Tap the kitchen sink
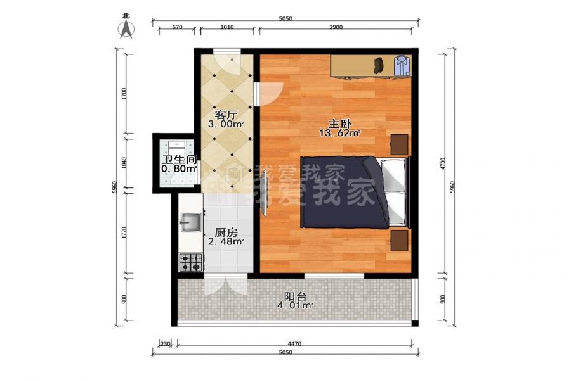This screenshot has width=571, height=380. [x=190, y=222]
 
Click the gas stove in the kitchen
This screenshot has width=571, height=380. [x=190, y=263]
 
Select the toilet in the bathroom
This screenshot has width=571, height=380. [x=177, y=148]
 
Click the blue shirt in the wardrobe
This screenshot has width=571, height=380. [x=402, y=65]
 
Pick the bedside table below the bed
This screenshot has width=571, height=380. [x=400, y=241]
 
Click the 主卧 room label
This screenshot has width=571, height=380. [x=340, y=124]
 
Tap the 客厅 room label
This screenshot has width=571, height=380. [x=226, y=115]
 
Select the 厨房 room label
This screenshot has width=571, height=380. [x=226, y=232]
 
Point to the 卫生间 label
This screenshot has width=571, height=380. [x=180, y=160]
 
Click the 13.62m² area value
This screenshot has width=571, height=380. [x=340, y=133]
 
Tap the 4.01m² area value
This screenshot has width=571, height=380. [x=295, y=305]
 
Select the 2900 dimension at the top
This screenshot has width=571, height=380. [x=336, y=27]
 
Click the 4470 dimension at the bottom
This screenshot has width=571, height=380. [x=294, y=344]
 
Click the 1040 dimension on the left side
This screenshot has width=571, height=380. [x=124, y=163]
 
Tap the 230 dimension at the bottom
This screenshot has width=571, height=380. [x=166, y=344]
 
